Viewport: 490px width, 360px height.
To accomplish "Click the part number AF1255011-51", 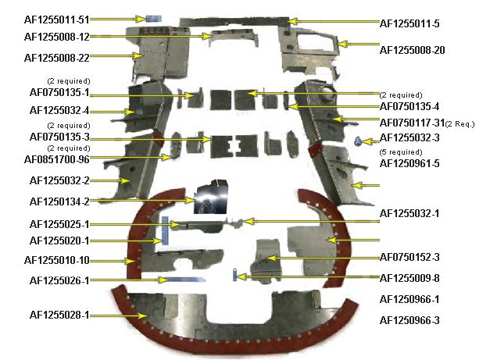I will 57,19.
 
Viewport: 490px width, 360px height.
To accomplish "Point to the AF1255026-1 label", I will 59,280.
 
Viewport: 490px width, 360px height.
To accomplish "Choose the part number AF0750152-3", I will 410,257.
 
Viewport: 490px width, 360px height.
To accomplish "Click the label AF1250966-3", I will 410,320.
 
